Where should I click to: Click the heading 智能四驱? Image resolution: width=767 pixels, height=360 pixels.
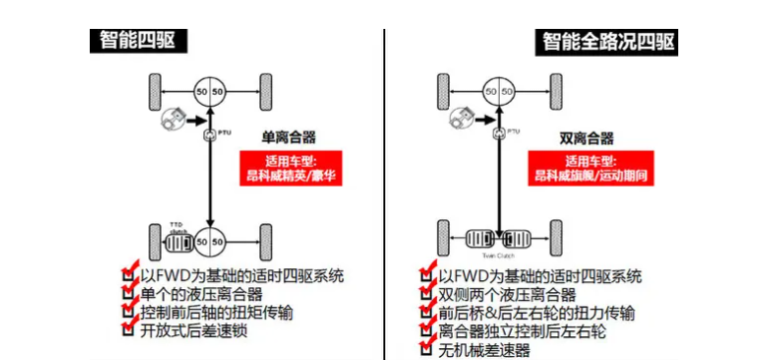pos(140,40)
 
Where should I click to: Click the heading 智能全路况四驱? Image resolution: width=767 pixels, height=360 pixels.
pos(608,41)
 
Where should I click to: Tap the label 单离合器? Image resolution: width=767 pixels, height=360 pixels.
pos(289,138)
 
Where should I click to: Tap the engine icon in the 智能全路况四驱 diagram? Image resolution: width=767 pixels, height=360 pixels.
pos(461,119)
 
